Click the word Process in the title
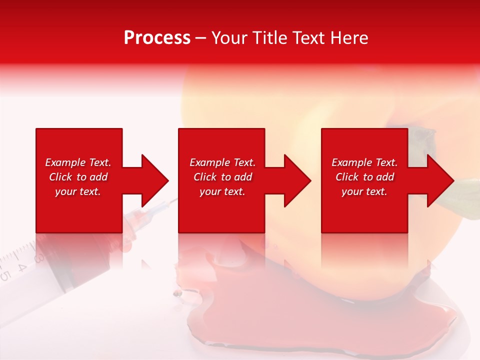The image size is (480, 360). (x=157, y=38)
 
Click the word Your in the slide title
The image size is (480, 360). (x=230, y=38)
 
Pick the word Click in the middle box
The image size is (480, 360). (x=205, y=177)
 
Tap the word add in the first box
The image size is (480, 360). (x=99, y=177)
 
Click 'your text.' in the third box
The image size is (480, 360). (x=364, y=191)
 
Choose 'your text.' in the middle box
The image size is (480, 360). (x=222, y=191)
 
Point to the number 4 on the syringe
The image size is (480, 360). (x=21, y=266)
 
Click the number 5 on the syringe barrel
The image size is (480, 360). (x=5, y=275)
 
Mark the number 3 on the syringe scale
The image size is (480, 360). (x=37, y=258)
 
